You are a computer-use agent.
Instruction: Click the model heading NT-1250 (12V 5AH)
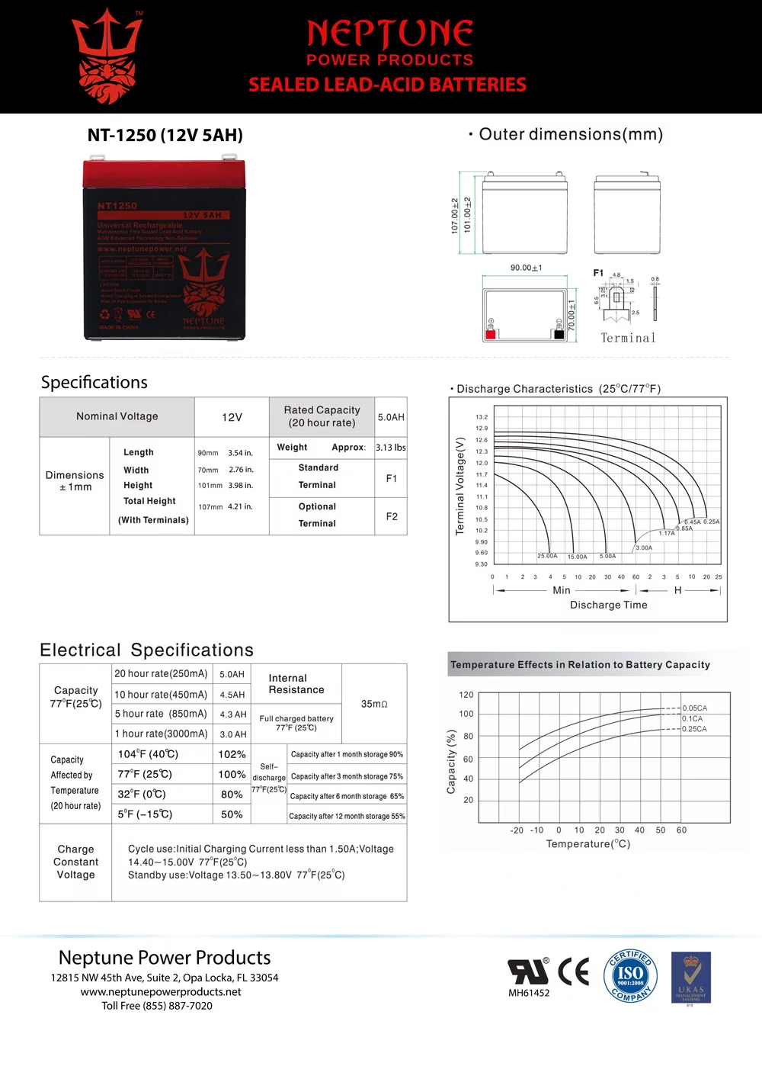tap(165, 136)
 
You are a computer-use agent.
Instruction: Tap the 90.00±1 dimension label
tap(526, 268)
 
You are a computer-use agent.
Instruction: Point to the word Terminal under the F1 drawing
tap(628, 338)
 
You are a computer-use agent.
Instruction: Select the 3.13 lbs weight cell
tap(390, 448)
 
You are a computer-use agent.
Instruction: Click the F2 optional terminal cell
tap(391, 516)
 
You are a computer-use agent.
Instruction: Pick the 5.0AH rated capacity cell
tap(391, 417)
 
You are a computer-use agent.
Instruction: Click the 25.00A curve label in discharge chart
tap(547, 556)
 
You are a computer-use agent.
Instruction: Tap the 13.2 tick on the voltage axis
tap(482, 417)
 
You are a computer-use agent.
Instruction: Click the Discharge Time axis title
tap(608, 605)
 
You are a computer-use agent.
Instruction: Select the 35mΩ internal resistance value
tap(374, 704)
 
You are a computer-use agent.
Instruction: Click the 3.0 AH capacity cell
tap(232, 734)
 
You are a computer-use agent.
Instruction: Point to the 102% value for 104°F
tap(232, 754)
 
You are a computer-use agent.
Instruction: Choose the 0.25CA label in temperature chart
tap(694, 729)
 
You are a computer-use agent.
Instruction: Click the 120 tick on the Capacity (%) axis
tap(466, 695)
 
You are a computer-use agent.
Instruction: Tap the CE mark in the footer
tap(573, 971)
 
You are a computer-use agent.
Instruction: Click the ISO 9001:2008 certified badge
tap(630, 975)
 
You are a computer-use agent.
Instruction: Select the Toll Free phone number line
tap(157, 1006)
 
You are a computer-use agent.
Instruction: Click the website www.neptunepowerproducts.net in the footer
tap(161, 992)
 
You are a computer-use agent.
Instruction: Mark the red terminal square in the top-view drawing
tap(491, 334)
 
